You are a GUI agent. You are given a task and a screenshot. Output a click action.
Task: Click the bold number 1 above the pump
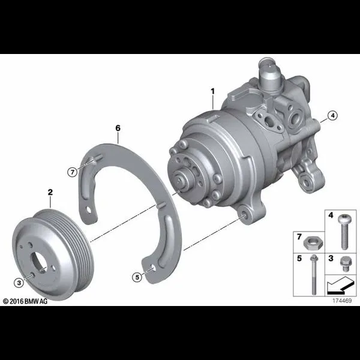(213, 91)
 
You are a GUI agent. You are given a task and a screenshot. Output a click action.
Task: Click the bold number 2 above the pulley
(50, 192)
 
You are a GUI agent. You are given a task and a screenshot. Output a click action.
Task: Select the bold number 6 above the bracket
(118, 128)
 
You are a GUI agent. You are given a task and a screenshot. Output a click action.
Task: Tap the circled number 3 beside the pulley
(19, 283)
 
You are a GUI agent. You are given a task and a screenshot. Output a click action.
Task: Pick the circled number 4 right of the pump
(332, 115)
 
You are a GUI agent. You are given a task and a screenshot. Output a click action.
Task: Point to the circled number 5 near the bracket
(137, 277)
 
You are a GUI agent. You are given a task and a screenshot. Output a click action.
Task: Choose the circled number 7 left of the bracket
(73, 172)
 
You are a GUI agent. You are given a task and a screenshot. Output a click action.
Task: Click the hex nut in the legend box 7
(313, 243)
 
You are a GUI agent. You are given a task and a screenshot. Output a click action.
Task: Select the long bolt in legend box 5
(314, 275)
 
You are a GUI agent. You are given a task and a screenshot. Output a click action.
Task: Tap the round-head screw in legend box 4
(343, 232)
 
